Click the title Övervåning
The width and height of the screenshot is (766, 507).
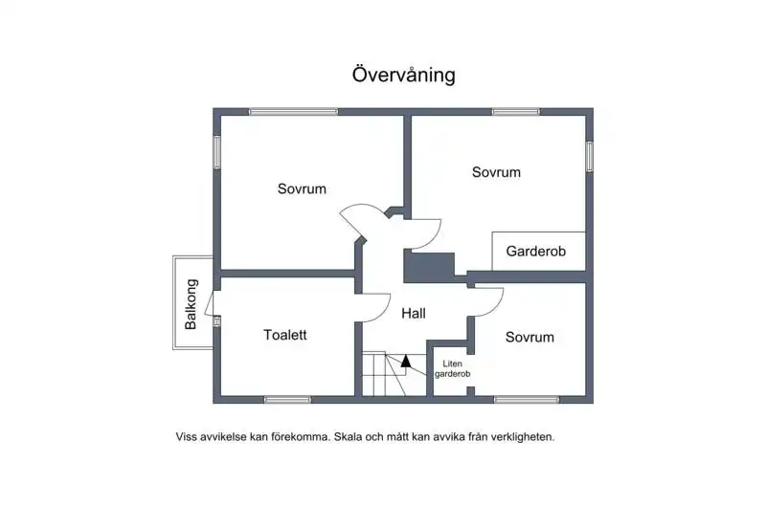[x=403, y=75]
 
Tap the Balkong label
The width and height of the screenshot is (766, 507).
[x=191, y=304]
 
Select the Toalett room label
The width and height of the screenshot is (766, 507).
[x=284, y=335]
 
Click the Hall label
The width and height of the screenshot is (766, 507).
[x=414, y=313]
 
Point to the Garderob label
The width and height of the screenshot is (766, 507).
[x=535, y=252]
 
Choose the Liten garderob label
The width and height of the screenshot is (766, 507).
[x=452, y=369]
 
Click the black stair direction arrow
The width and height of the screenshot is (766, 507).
[x=405, y=362]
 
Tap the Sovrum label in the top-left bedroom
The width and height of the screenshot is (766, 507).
[x=302, y=188]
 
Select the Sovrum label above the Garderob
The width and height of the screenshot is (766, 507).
[x=496, y=172]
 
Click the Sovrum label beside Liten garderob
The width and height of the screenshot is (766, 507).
[x=529, y=337]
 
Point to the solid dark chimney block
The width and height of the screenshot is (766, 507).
[x=429, y=267]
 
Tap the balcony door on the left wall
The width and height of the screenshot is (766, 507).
[x=209, y=303]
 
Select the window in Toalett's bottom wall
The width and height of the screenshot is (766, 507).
[x=288, y=400]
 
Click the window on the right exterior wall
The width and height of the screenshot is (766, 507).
[x=590, y=156]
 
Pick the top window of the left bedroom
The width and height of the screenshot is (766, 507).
[x=293, y=112]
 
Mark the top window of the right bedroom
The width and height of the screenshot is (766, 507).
[x=516, y=112]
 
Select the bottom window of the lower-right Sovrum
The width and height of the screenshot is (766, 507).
[x=527, y=400]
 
